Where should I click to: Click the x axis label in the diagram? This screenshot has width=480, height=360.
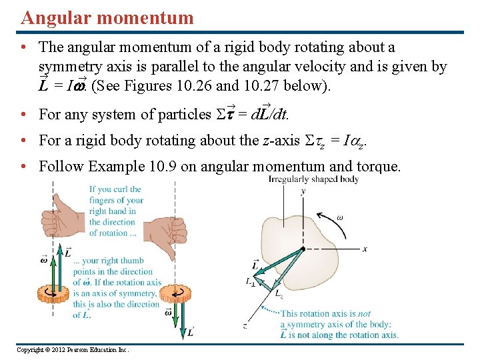pyautogui.click(x=365, y=249)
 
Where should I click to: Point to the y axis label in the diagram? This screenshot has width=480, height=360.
pyautogui.click(x=303, y=191)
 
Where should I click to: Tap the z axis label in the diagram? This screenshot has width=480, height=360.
pyautogui.click(x=245, y=326)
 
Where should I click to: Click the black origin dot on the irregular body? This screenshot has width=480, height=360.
pyautogui.click(x=303, y=248)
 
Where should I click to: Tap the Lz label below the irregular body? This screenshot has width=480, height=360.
pyautogui.click(x=279, y=293)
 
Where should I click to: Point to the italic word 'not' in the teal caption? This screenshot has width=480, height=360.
pyautogui.click(x=364, y=313)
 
